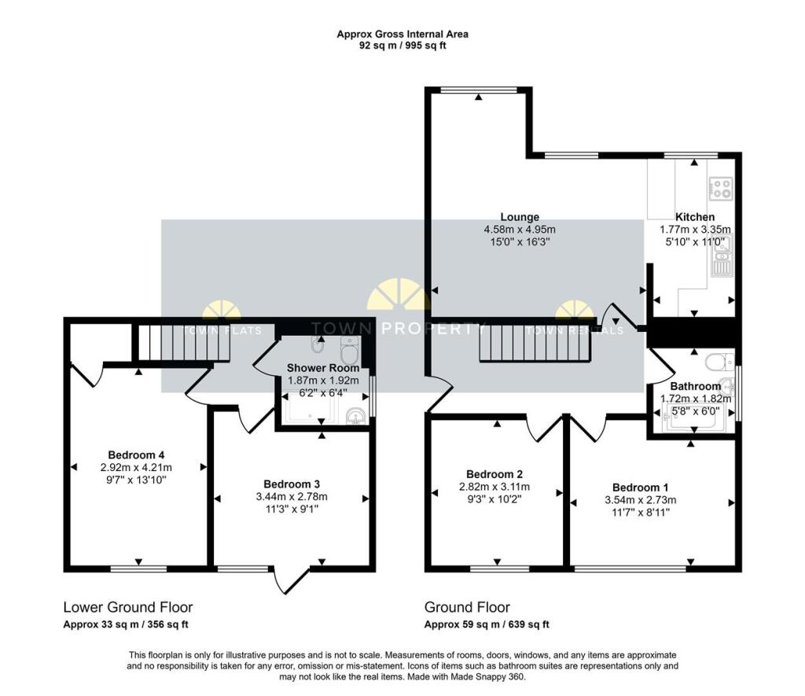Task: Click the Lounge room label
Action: coord(520,217)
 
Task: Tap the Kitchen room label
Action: coord(695,217)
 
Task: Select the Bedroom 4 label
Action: coord(136,455)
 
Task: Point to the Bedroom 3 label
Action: coord(291,484)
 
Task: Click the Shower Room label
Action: coord(322,367)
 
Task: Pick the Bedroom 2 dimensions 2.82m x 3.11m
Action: coord(497,486)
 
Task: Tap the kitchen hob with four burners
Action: coord(721,188)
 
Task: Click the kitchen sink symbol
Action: coord(722,260)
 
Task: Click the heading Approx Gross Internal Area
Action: coord(402,34)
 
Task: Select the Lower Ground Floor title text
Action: coord(128,607)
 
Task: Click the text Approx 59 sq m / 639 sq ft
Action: coord(487,624)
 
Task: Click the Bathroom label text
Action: coord(695,386)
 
